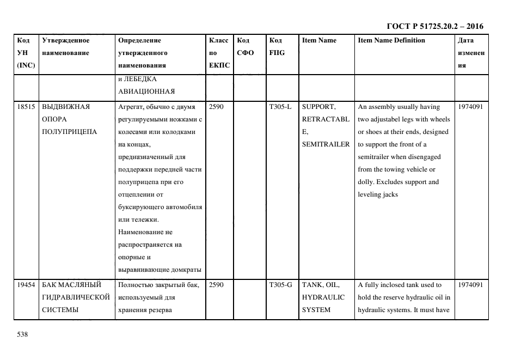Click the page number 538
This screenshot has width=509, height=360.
click(x=22, y=334)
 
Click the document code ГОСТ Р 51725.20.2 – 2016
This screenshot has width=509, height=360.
click(x=434, y=26)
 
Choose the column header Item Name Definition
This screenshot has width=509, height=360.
click(x=391, y=40)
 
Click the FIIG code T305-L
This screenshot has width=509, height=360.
click(x=280, y=107)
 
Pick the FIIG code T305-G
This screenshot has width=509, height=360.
click(x=280, y=285)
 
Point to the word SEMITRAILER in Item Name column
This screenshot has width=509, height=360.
click(x=326, y=144)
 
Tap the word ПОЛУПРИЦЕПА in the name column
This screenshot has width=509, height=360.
click(x=69, y=132)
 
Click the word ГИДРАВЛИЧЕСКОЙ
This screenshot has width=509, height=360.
click(x=76, y=297)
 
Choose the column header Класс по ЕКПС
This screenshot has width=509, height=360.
click(x=219, y=53)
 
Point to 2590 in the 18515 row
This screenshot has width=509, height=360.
click(x=216, y=107)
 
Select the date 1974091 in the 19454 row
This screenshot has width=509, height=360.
click(x=471, y=285)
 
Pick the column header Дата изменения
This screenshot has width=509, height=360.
click(x=471, y=53)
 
